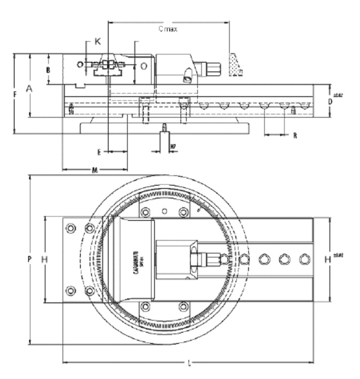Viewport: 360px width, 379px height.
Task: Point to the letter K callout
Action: pos(97,41)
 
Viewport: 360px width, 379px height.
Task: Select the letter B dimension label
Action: pos(48,70)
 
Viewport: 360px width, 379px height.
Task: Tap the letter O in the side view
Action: pos(144,65)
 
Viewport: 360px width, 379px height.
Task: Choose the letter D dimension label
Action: pos(331,100)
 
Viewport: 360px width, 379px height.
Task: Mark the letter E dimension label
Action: pos(99,152)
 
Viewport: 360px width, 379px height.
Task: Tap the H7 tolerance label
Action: pos(173,146)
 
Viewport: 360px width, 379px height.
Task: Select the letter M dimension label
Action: pos(94,170)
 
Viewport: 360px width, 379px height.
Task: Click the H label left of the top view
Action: pos(44,260)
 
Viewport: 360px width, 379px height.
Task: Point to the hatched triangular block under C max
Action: pos(236,65)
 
